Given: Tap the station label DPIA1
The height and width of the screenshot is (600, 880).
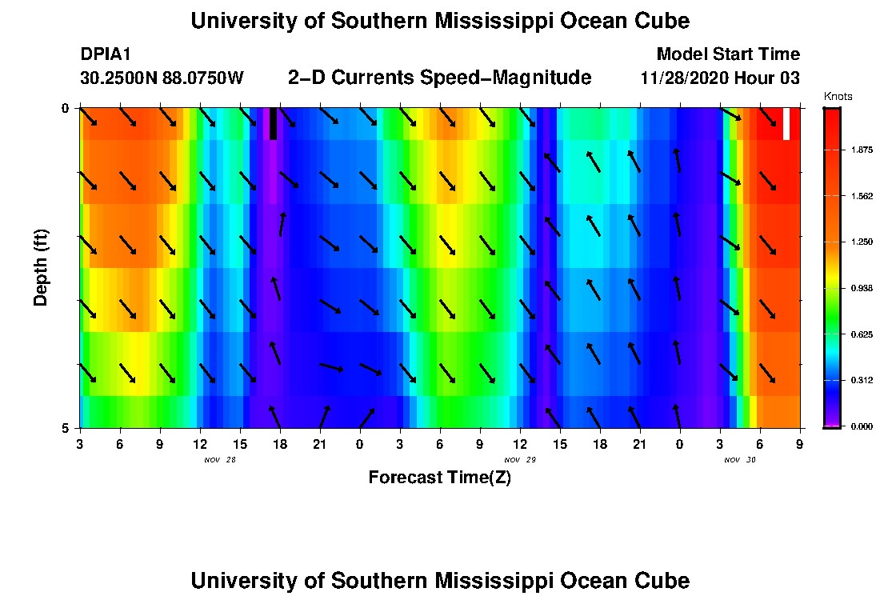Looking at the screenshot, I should click(106, 54).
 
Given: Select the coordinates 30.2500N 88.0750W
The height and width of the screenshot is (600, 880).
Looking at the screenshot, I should click(162, 78).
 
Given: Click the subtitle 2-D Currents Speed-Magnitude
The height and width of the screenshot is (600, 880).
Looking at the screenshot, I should click(439, 78).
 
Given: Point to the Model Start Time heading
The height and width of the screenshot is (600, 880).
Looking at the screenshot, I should click(727, 54).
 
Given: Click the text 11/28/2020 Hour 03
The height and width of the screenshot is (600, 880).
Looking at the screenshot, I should click(720, 78).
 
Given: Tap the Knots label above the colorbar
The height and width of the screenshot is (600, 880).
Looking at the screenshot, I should click(838, 97).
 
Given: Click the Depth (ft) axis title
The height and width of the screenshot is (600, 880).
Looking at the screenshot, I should click(41, 267).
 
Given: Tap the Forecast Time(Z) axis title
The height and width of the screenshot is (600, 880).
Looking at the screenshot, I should click(439, 478).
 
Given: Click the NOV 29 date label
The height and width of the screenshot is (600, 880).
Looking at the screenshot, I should click(520, 460).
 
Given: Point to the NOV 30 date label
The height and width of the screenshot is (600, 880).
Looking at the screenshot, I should click(740, 460).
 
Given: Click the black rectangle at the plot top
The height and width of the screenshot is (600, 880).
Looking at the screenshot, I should click(273, 124).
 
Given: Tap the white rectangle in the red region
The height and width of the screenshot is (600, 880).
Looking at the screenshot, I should click(786, 124).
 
